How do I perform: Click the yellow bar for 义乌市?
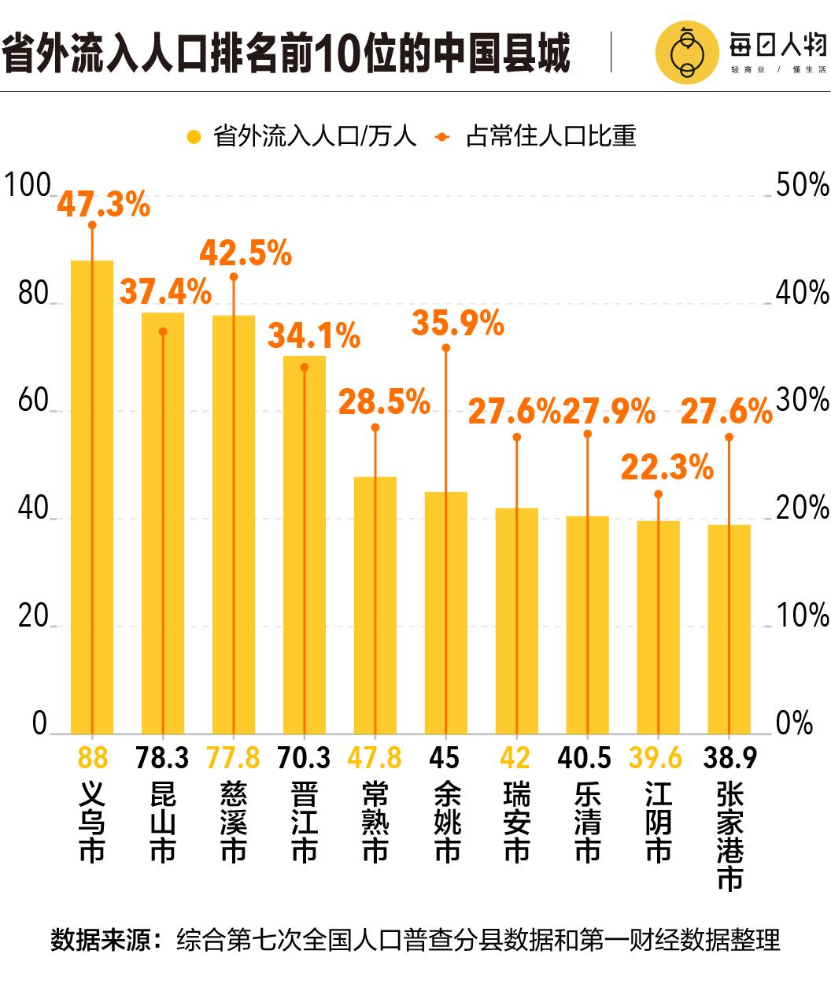[x=92, y=496]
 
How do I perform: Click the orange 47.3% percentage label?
[x=103, y=205]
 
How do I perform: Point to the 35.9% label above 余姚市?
[x=457, y=324]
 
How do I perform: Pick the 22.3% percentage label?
[x=667, y=468]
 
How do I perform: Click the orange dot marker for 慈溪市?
[x=233, y=277]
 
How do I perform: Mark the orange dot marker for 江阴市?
[x=658, y=494]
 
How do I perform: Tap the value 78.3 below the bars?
[x=162, y=758]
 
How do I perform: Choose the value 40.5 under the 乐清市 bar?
[x=584, y=758]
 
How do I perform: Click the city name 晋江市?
[x=304, y=823]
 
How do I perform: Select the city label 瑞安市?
[x=516, y=823]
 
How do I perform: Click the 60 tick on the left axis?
[x=33, y=401]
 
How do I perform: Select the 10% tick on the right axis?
[x=802, y=616]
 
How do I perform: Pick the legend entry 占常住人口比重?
[x=550, y=136]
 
